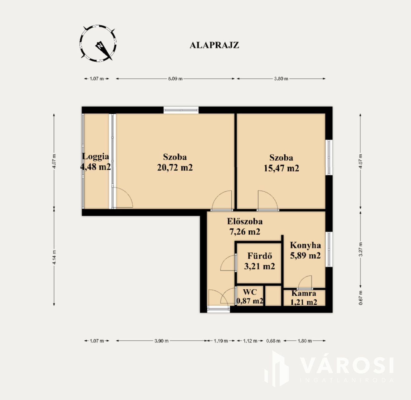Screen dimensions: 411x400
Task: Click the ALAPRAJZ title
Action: pos(214,45)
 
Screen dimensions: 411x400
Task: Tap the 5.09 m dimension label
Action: pos(175,79)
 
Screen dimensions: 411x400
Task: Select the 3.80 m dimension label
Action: pos(281,79)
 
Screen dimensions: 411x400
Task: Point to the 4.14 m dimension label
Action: pos(54,257)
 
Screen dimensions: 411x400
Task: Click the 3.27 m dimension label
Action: pos(361,249)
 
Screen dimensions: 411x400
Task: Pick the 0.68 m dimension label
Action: pos(273,341)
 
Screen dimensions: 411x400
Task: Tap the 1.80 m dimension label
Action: pos(305,341)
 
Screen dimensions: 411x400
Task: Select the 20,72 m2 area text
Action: pos(175,168)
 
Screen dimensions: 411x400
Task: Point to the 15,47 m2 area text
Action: pos(281,168)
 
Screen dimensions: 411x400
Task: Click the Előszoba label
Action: pos(245,222)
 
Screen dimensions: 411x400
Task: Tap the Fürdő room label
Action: pos(260,256)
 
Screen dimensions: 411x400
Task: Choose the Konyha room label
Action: pos(305,245)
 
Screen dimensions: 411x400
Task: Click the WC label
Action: pos(250,292)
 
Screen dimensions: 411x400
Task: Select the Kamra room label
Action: pos(304,293)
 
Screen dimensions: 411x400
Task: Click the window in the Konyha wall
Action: pos(329,249)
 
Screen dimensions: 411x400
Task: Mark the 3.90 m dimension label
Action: pos(161,341)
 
